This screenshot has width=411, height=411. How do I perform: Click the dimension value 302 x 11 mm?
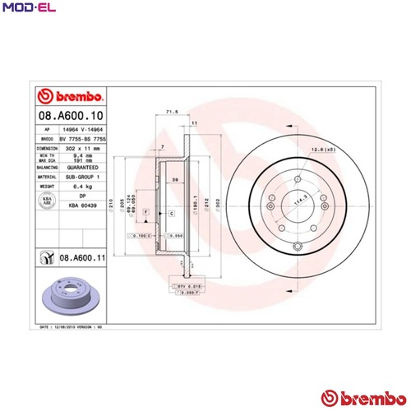click(85, 147)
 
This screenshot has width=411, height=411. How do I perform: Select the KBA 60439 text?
click(82, 204)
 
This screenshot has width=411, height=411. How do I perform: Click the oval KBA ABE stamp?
click(48, 201)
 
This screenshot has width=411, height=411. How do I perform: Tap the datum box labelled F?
click(145, 213)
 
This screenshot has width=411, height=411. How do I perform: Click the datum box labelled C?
click(171, 213)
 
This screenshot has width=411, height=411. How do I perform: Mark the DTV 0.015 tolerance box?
click(189, 284)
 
